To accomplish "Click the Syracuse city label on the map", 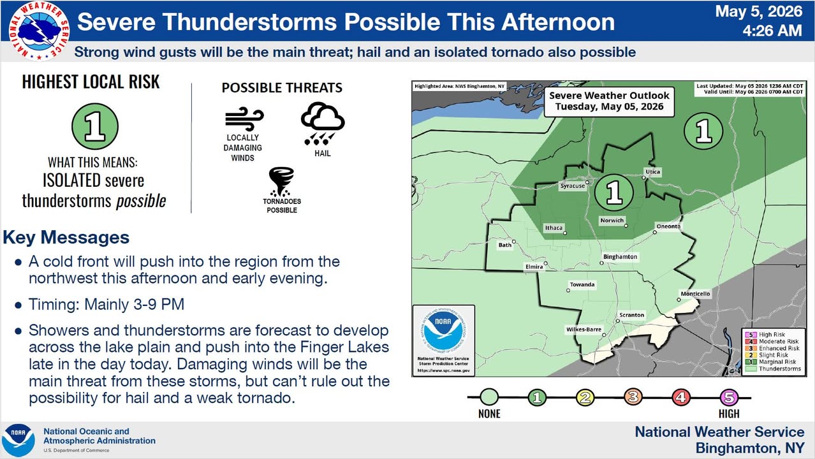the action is tap(572, 186).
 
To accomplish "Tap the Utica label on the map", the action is tap(653, 171).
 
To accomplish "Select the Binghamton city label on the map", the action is tap(620, 257).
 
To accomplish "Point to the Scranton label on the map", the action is tap(631, 315).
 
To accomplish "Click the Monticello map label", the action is tap(695, 294).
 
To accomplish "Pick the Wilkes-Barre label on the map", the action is tap(584, 330).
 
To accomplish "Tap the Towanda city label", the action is tap(582, 284).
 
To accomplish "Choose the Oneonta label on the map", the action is tap(668, 226).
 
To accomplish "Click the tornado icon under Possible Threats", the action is tap(281, 182).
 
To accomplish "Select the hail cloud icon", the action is tap(323, 124).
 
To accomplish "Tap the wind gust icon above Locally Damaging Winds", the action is tap(244, 119).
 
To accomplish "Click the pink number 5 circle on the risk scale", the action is tap(729, 397).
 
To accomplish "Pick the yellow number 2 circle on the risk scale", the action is tap(585, 397).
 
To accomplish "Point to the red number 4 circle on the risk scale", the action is tap(680, 397).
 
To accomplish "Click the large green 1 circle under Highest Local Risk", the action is tap(95, 126).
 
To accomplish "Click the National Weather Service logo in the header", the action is tap(39, 31).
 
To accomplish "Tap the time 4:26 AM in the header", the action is tap(772, 31).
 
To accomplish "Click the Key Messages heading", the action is tap(66, 238).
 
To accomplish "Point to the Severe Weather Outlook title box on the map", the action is tap(609, 101).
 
